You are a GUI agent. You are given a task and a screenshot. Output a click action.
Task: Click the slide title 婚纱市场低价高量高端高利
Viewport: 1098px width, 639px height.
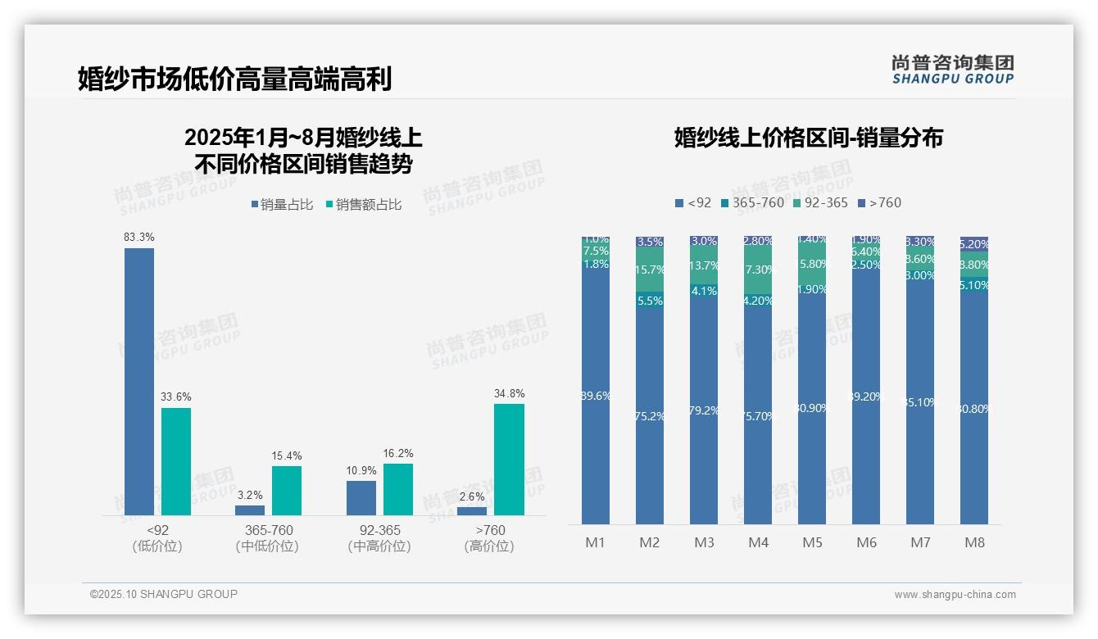click(234, 79)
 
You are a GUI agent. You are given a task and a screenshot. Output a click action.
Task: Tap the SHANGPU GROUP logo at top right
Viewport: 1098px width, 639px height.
click(953, 70)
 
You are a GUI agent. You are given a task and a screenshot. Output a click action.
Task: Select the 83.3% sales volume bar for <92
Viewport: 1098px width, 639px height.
click(139, 381)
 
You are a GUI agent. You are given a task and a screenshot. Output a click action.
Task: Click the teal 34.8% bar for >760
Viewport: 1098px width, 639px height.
click(509, 459)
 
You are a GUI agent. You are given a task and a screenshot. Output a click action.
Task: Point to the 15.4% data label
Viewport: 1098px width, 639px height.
click(287, 455)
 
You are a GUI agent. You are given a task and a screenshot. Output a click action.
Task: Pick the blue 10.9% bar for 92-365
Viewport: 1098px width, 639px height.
click(361, 498)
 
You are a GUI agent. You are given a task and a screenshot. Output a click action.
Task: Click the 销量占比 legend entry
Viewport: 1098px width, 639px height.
click(283, 205)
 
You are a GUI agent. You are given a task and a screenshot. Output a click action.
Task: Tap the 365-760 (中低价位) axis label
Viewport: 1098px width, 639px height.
click(267, 538)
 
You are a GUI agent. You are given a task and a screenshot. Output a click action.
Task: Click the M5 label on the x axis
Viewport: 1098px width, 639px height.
click(812, 542)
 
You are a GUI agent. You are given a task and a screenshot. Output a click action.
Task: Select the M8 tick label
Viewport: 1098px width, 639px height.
click(974, 542)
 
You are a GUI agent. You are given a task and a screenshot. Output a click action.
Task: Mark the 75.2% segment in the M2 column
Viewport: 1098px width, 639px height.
click(650, 416)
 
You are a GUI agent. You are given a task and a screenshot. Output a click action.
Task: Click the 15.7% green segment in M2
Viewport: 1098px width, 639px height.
click(650, 270)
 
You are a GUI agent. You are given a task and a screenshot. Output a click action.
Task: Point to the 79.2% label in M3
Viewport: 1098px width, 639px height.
click(704, 410)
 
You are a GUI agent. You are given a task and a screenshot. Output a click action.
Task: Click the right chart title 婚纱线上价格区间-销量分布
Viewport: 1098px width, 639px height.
click(808, 138)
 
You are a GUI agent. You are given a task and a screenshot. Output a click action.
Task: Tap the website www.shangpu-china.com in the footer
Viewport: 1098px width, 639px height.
click(955, 595)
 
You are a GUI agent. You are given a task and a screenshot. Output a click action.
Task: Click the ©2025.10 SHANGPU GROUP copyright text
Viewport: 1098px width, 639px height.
click(164, 595)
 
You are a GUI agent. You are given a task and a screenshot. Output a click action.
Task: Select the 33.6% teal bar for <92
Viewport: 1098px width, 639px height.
click(176, 461)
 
